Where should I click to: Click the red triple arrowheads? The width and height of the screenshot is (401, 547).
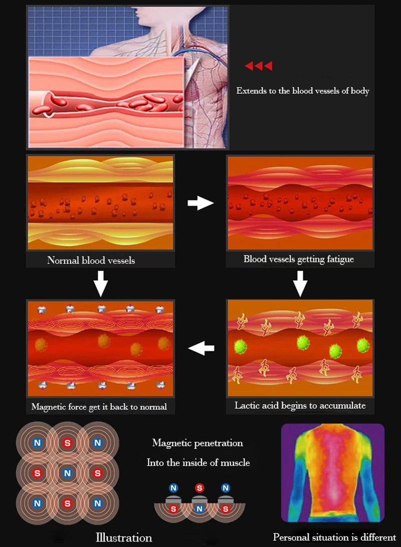coord(258,66)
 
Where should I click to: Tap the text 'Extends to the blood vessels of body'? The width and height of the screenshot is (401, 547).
coord(303,91)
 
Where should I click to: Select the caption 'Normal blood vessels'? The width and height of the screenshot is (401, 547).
coord(91,260)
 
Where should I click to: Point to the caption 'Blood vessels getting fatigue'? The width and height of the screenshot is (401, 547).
coord(299,259)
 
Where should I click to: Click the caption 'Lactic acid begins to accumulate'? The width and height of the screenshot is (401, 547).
coord(300,405)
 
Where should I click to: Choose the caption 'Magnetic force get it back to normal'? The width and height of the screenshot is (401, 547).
coord(99,407)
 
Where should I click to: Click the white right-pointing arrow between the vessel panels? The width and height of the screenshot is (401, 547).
coord(200,203)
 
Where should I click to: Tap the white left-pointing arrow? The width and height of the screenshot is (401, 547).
coord(201,348)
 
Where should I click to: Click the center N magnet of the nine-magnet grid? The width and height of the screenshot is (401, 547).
coord(67,473)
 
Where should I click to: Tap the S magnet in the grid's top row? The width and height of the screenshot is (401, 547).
coord(67,443)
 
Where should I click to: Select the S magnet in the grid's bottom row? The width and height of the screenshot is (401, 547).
coord(67,502)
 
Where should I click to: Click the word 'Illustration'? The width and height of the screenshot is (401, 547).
coord(123,537)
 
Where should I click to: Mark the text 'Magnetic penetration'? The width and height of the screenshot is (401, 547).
coord(197,443)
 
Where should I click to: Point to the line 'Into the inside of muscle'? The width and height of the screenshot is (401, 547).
coord(198,463)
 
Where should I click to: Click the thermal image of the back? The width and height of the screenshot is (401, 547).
coord(332,472)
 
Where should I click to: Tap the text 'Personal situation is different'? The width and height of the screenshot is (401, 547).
coord(334,537)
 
